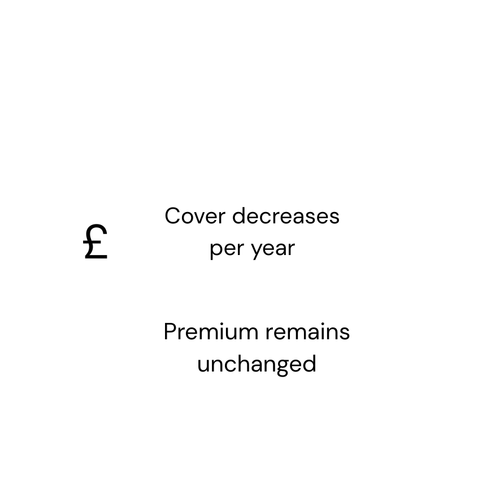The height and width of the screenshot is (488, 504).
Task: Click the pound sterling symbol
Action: click(x=95, y=241)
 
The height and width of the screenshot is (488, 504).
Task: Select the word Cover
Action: click(x=195, y=216)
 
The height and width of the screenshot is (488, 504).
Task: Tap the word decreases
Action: click(x=286, y=215)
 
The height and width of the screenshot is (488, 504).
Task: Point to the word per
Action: click(x=227, y=249)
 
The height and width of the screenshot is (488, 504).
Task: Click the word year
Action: click(x=273, y=249)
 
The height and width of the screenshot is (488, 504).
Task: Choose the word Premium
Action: click(x=211, y=332)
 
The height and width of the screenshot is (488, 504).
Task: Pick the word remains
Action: click(x=307, y=332)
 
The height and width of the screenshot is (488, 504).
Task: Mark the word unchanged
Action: click(x=257, y=365)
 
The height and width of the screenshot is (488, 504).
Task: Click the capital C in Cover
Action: click(x=173, y=216)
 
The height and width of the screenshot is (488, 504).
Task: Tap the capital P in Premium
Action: click(x=171, y=332)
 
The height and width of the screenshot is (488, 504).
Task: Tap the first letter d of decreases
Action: click(x=239, y=215)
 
